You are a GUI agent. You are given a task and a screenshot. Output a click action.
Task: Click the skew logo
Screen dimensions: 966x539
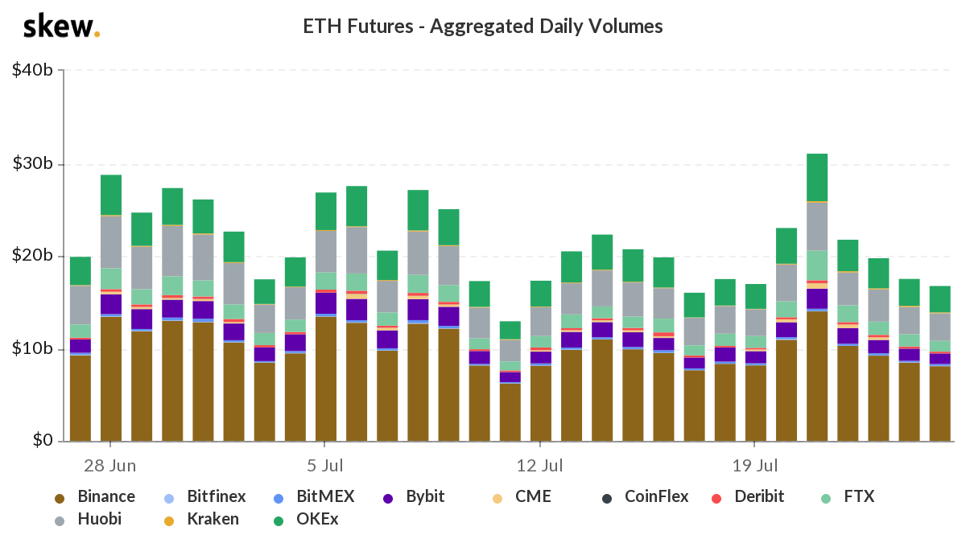[x=61, y=26]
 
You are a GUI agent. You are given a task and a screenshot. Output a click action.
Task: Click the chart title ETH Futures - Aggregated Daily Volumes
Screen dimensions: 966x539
[x=482, y=27]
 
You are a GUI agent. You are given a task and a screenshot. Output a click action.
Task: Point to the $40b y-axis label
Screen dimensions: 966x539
[x=32, y=70]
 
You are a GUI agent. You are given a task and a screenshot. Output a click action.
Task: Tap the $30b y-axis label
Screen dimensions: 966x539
[x=32, y=163]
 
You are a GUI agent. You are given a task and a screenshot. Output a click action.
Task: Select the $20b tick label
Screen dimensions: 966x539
[x=32, y=256]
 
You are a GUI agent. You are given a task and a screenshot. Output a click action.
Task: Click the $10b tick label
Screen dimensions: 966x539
[x=32, y=348]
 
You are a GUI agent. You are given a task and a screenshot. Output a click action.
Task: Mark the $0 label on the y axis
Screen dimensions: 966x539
[x=43, y=440]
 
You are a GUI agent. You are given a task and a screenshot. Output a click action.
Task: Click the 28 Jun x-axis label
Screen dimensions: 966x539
[x=110, y=466]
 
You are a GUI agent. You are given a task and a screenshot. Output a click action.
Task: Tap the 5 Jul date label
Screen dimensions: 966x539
[x=324, y=466]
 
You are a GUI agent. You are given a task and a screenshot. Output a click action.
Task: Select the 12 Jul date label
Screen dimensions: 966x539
[x=539, y=466]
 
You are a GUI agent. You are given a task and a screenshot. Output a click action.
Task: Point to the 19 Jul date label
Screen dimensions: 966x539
[x=755, y=466]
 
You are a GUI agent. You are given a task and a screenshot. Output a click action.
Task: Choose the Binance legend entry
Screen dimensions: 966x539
[x=95, y=497]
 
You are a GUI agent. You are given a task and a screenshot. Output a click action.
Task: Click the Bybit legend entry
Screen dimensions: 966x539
[x=414, y=497]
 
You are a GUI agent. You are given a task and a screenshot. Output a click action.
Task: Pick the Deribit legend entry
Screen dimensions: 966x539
[x=747, y=497]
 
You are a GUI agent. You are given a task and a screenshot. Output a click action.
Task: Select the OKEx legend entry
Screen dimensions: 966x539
[x=306, y=519]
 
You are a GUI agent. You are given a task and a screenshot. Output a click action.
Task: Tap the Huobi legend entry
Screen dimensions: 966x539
[x=88, y=519]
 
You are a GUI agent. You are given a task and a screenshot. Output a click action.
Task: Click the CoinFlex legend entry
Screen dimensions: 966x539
[x=645, y=497]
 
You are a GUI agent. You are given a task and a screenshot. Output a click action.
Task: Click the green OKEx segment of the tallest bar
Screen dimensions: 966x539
[x=817, y=178]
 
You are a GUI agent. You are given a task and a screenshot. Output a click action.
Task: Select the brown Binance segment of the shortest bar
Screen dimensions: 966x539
[x=510, y=413]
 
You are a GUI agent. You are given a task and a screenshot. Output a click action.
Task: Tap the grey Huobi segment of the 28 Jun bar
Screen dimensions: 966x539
[x=111, y=242]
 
